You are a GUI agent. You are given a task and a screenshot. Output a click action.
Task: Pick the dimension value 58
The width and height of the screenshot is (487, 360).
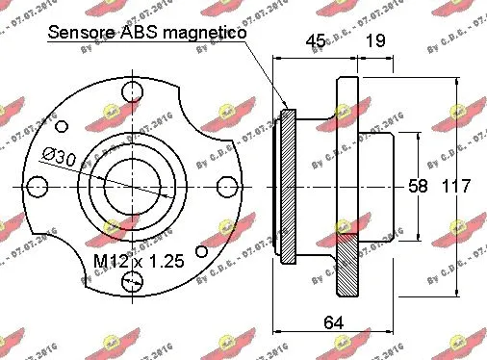417,187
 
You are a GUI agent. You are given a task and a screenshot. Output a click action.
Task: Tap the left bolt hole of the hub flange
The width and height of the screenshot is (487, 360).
38,186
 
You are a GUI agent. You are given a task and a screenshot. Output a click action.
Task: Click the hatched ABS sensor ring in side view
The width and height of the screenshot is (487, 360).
287,188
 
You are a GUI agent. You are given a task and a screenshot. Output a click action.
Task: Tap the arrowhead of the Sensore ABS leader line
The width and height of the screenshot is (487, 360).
286,105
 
